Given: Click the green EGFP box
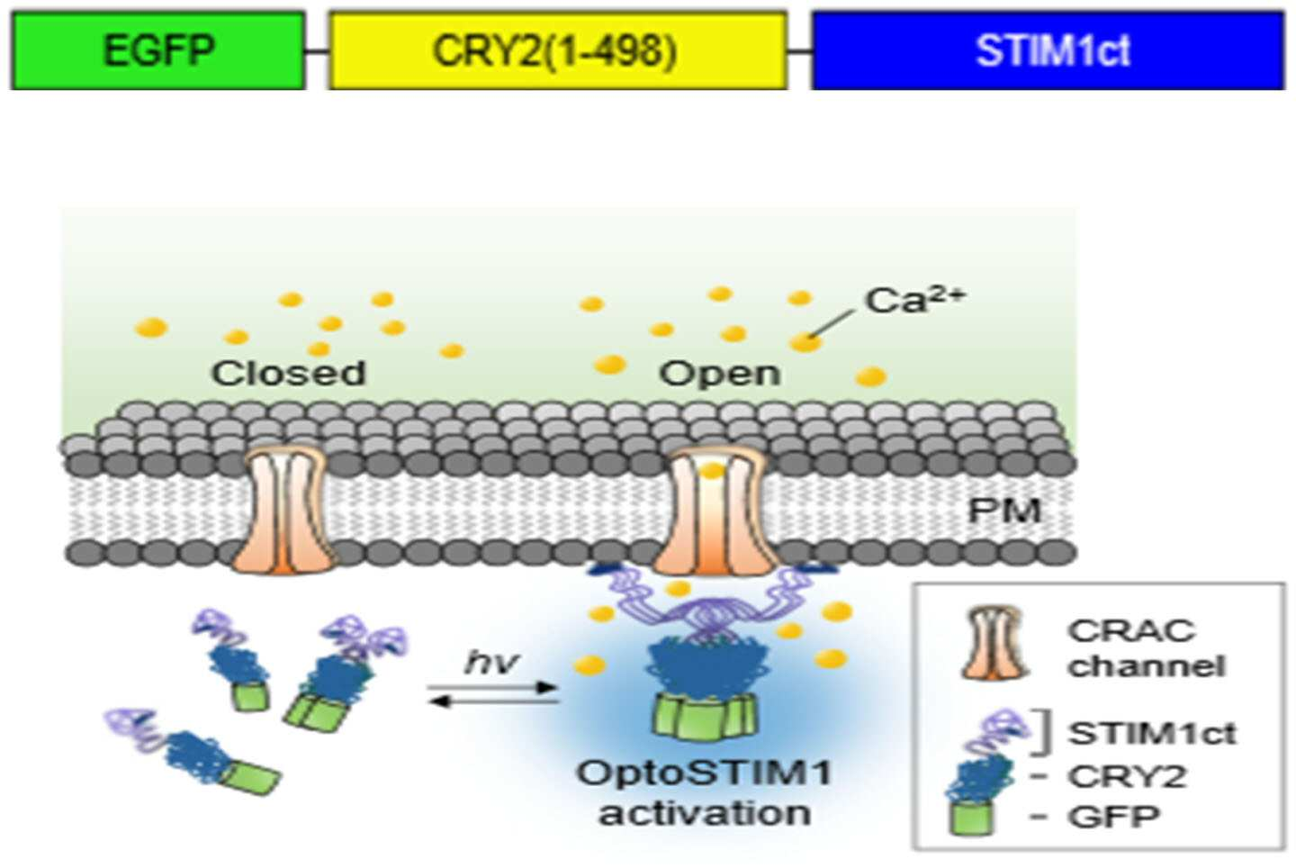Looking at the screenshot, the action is (158, 50).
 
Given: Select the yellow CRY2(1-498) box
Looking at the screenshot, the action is (558, 50).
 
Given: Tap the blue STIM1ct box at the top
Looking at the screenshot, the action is (1048, 50).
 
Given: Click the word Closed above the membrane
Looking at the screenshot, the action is (289, 374).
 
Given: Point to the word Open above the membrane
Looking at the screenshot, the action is (720, 375).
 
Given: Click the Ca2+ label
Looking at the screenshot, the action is (914, 301).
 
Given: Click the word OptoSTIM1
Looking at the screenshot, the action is (704, 773).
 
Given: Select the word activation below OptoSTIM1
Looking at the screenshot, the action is (704, 813).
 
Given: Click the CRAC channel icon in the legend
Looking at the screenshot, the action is (994, 642).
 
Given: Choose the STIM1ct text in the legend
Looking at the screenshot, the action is (1152, 733).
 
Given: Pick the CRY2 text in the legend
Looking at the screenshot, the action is (1127, 776).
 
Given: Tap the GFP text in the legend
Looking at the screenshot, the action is (1114, 817).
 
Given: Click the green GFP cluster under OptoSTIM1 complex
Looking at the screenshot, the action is (705, 716).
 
